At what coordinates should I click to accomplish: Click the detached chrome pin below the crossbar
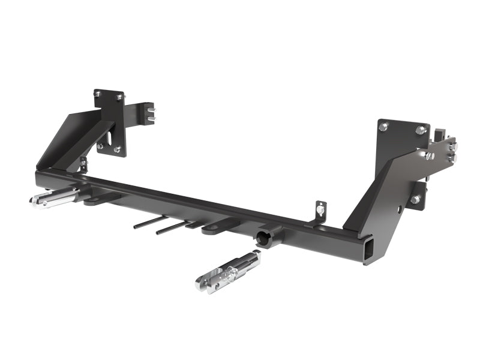[x=227, y=273]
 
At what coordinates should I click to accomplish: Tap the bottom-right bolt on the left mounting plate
[x=117, y=149]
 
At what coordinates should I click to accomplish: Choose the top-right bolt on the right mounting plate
[x=418, y=129]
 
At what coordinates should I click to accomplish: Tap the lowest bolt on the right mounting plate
[x=414, y=199]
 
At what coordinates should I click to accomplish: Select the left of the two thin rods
[x=150, y=221]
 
